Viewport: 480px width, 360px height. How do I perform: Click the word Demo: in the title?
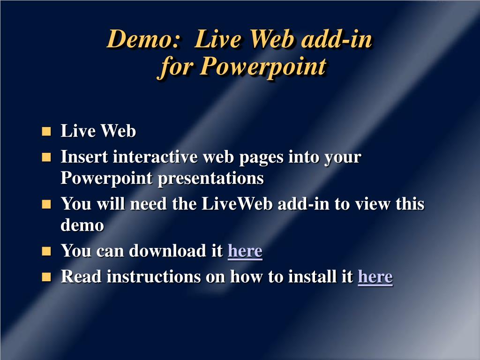(142, 39)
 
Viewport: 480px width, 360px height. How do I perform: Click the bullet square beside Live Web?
(46, 131)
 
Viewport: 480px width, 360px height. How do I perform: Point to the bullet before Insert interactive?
(46, 157)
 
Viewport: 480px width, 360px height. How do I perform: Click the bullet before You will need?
(46, 204)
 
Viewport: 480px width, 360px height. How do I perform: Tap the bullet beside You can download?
(46, 251)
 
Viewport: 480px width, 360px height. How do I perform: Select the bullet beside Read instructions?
(46, 277)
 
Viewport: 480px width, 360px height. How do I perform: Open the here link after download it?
(245, 251)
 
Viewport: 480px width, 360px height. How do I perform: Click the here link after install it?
(375, 277)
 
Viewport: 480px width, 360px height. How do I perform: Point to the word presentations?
(210, 178)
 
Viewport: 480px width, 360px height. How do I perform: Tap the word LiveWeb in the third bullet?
(237, 203)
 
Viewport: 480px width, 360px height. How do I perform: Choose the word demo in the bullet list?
(82, 225)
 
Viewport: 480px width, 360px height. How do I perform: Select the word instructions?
(154, 277)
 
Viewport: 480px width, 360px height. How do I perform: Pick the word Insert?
(84, 157)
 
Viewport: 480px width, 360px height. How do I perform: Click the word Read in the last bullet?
(81, 277)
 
